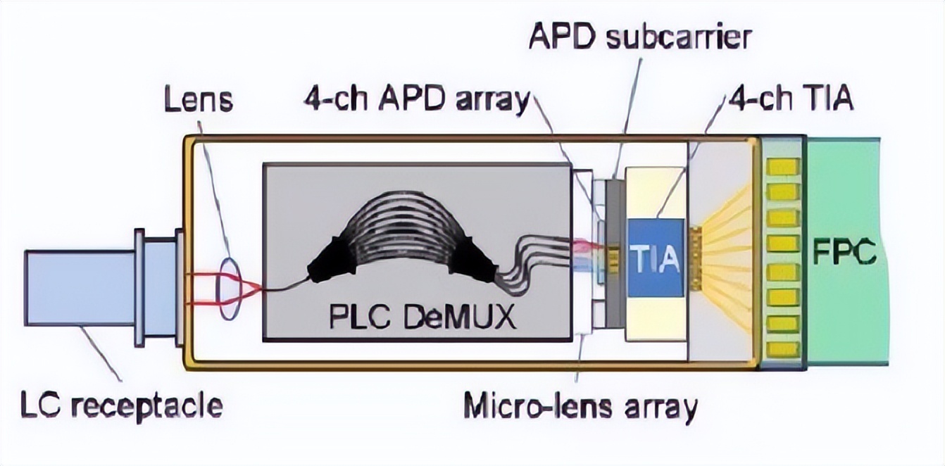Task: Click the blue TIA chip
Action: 655,257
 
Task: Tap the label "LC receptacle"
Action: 121,406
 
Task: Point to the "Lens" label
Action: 198,100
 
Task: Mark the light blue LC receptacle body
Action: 77,285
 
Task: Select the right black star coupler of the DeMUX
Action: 470,262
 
